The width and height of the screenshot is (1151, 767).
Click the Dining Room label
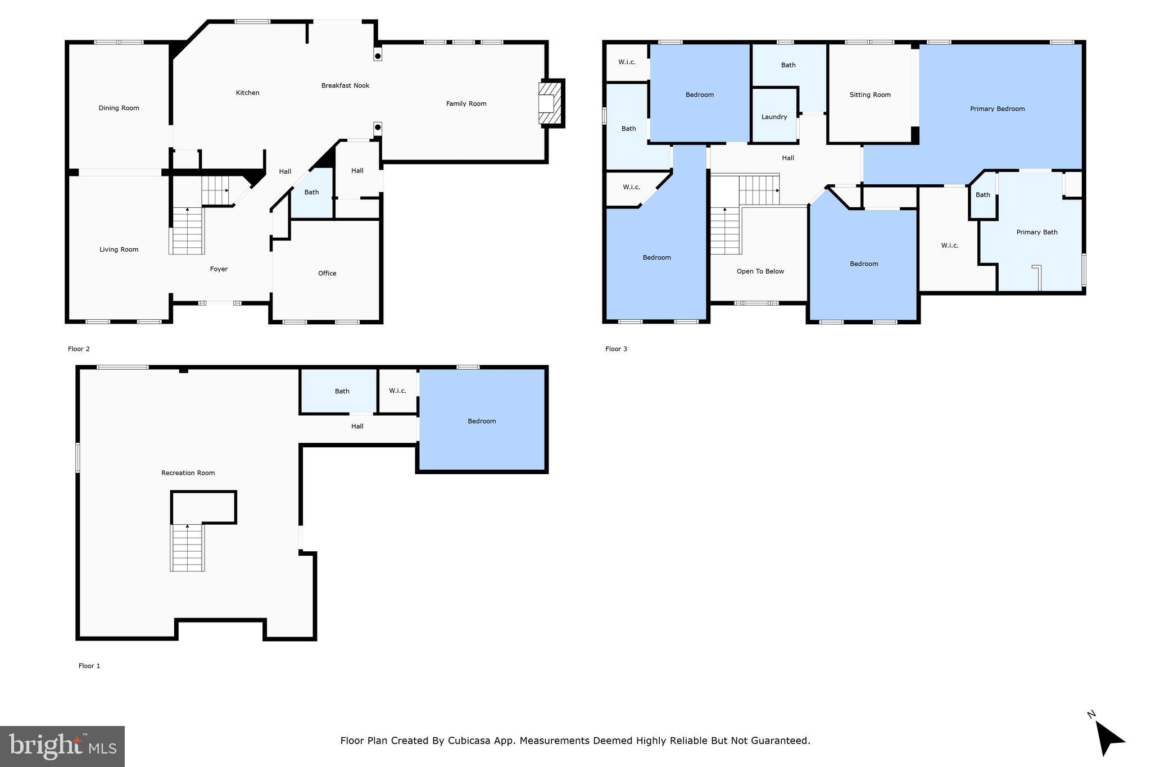click(119, 108)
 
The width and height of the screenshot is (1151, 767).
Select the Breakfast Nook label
click(345, 85)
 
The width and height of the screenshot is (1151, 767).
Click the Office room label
click(327, 273)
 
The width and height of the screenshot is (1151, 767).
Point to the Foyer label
click(219, 269)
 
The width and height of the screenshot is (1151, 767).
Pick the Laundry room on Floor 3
click(774, 117)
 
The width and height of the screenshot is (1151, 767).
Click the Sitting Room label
click(869, 95)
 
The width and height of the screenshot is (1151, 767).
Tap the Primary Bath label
click(1036, 232)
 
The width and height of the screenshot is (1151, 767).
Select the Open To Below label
click(760, 271)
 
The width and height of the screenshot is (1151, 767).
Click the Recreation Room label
click(188, 473)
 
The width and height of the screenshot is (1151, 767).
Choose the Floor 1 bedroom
click(482, 421)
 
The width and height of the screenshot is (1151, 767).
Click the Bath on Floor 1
click(342, 391)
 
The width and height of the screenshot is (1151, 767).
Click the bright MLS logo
click(62, 746)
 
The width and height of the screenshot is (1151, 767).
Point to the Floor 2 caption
click(79, 349)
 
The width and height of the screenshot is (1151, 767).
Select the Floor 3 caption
click(616, 349)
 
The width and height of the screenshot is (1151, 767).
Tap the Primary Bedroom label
click(997, 109)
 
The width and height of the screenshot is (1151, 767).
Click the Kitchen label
click(247, 93)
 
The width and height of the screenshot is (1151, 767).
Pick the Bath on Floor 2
click(311, 192)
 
